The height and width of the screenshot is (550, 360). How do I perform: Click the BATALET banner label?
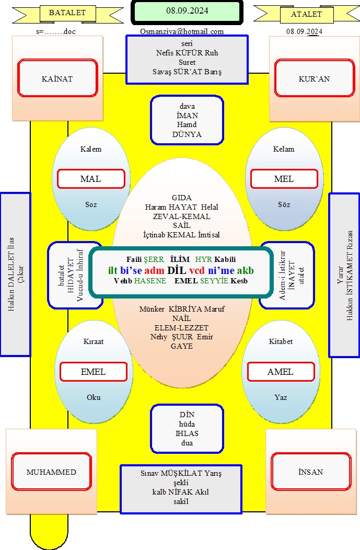67,13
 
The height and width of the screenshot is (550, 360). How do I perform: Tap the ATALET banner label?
306,15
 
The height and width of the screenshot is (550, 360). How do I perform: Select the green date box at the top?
187,12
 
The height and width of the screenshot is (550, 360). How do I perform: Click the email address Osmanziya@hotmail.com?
182,31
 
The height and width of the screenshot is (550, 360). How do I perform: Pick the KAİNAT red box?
57,78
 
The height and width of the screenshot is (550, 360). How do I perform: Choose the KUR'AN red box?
315,78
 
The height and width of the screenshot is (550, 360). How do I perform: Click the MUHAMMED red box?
52,472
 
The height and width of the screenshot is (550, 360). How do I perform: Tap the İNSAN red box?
311,472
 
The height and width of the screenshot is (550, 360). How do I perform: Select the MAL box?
91,179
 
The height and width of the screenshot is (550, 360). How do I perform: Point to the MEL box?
284,179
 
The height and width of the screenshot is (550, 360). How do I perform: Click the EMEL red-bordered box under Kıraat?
94,372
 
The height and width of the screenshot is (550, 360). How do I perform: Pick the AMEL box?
281,372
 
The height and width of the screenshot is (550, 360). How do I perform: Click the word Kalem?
91,149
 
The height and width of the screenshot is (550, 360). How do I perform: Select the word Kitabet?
281,341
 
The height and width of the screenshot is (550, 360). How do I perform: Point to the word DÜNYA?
187,134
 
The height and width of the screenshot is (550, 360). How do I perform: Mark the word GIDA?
182,198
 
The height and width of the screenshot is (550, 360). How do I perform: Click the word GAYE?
182,346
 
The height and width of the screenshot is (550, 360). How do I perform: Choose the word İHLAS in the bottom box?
187,433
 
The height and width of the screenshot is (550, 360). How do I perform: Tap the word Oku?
94,397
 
